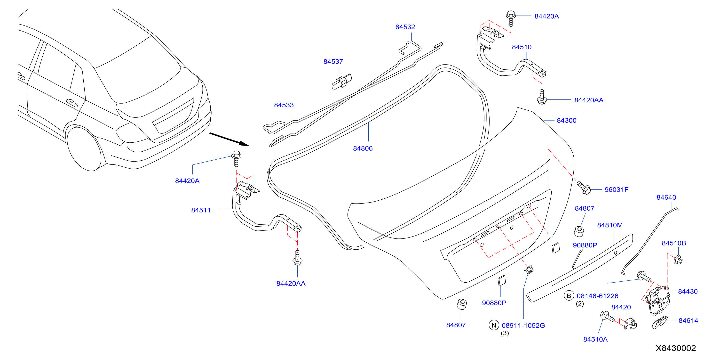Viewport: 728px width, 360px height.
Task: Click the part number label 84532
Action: pyautogui.click(x=405, y=27)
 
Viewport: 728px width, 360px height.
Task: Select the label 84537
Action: pyautogui.click(x=333, y=61)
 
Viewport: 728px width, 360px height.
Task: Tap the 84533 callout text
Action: pyautogui.click(x=284, y=105)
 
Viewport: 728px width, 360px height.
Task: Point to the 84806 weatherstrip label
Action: pyautogui.click(x=363, y=148)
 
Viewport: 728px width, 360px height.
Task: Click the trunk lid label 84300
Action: pyautogui.click(x=566, y=121)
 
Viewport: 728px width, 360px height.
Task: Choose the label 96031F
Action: pyautogui.click(x=616, y=189)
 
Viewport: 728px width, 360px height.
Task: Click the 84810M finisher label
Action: pyautogui.click(x=609, y=225)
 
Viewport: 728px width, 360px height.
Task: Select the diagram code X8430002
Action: pyautogui.click(x=675, y=348)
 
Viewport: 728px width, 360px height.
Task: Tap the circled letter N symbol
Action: pyautogui.click(x=494, y=325)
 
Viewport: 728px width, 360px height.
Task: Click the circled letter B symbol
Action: pyautogui.click(x=569, y=296)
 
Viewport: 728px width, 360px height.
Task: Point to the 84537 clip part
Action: pyautogui.click(x=341, y=82)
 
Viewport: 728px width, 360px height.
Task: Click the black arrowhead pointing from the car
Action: pyautogui.click(x=244, y=144)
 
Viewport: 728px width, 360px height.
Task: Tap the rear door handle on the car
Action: pyautogui.click(x=71, y=103)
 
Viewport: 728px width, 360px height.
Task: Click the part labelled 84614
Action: pyautogui.click(x=660, y=322)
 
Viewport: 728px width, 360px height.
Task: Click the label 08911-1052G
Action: pyautogui.click(x=523, y=326)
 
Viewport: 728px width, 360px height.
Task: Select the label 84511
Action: pyautogui.click(x=201, y=210)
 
